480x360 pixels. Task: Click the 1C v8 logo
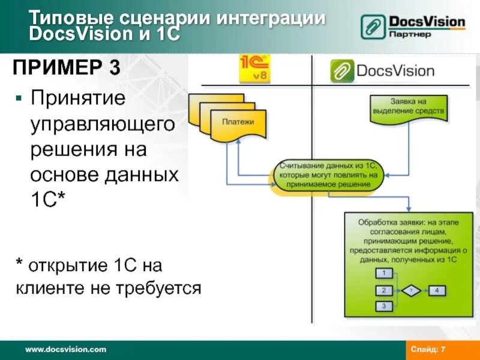point(255,69)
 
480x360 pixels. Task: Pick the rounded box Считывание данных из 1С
point(328,175)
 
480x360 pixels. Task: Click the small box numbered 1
point(383,274)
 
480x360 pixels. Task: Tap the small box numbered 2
point(383,290)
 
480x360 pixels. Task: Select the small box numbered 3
point(383,307)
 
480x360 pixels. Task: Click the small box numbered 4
point(437,290)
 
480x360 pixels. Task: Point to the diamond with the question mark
point(411,290)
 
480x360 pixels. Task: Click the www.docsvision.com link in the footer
point(65,349)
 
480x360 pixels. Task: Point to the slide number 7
point(443,349)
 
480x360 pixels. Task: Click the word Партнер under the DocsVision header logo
point(410,35)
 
